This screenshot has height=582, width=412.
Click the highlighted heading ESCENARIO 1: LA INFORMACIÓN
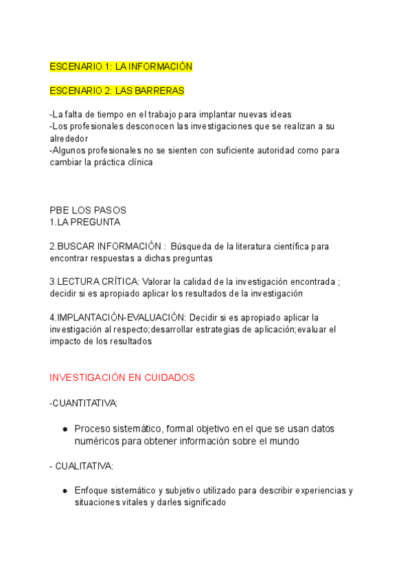121,67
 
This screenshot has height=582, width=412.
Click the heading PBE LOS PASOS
88,210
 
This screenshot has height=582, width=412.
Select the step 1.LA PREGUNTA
85,222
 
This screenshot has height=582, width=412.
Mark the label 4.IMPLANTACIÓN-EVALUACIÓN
117,317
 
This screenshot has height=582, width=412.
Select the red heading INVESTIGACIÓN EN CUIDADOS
122,377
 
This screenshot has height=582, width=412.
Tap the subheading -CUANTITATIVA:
83,403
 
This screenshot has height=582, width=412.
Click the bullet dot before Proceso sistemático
65,429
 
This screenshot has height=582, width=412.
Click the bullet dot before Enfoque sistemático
65,491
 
